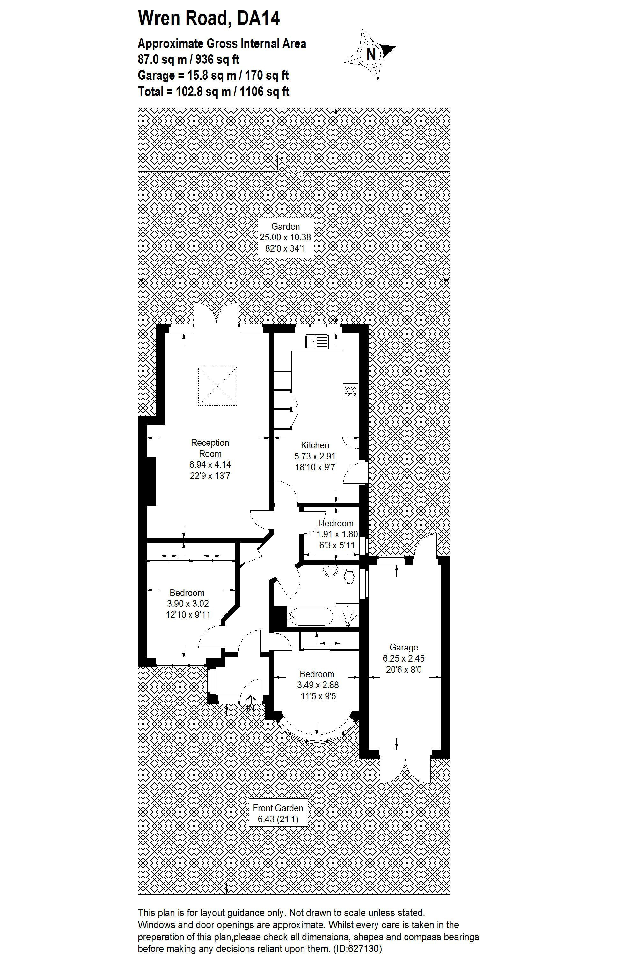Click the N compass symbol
pyautogui.click(x=371, y=54)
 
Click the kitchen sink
pyautogui.click(x=317, y=342)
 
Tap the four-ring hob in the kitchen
pyautogui.click(x=351, y=391)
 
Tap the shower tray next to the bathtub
pyautogui.click(x=348, y=615)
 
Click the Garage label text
pyautogui.click(x=404, y=647)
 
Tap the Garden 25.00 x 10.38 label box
pyautogui.click(x=285, y=237)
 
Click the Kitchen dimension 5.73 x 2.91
pyautogui.click(x=315, y=456)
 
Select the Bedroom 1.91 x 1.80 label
pyautogui.click(x=336, y=534)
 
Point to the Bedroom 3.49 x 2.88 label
pyautogui.click(x=317, y=685)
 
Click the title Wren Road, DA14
pyautogui.click(x=209, y=18)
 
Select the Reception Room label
pyautogui.click(x=210, y=448)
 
